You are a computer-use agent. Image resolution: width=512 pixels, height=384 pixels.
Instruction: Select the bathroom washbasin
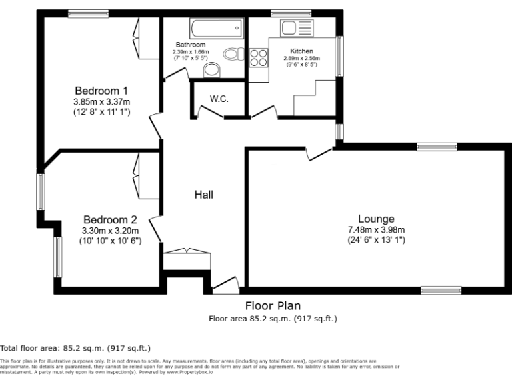(212, 69)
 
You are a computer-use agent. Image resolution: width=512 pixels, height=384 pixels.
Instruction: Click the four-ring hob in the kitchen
(258, 58)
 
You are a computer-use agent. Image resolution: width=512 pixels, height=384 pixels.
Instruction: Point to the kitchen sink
(297, 27)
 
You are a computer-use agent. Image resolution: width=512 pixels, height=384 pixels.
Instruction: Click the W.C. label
(219, 99)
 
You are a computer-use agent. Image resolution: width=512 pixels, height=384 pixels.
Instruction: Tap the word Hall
(203, 195)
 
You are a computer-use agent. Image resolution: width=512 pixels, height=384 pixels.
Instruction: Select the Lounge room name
(376, 219)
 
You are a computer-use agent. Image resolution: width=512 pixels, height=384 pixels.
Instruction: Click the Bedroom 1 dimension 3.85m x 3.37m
(101, 102)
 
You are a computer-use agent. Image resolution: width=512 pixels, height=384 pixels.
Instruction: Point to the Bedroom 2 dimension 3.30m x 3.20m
(110, 231)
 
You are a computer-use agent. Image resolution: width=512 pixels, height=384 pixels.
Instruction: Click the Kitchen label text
(301, 51)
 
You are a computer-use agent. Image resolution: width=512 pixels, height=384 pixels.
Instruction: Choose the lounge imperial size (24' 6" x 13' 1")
(376, 239)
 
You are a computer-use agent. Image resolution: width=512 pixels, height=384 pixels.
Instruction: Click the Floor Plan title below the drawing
(273, 306)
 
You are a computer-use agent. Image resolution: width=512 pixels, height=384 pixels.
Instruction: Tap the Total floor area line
(75, 348)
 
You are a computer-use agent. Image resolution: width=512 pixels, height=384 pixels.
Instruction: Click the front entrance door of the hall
(225, 285)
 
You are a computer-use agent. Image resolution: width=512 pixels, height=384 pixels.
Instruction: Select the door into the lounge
(318, 153)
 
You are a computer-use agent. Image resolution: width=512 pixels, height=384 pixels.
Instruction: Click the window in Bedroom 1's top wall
(89, 13)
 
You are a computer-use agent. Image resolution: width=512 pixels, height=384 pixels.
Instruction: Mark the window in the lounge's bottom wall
(441, 290)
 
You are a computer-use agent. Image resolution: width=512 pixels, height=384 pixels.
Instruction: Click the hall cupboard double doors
(187, 251)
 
